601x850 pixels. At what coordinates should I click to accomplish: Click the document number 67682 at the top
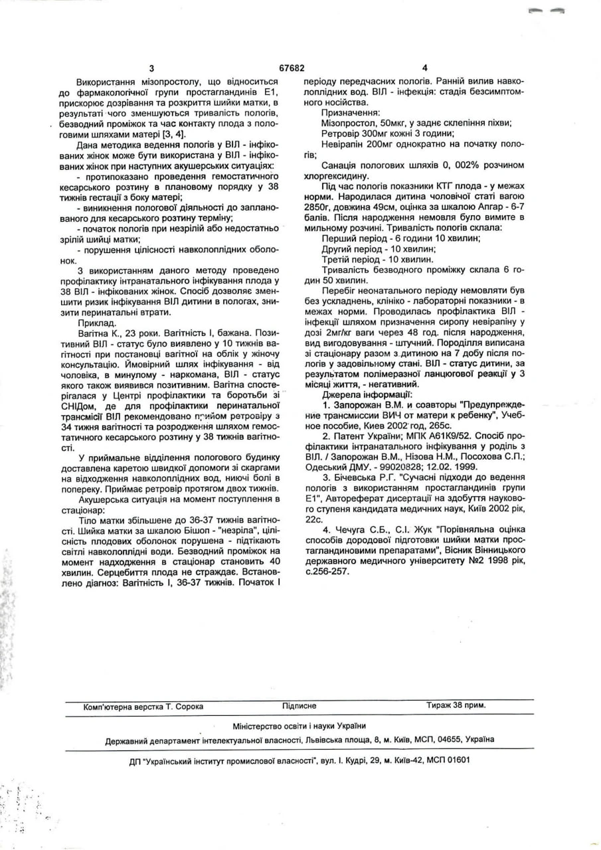[292, 68]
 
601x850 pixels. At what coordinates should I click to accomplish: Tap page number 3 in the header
[151, 68]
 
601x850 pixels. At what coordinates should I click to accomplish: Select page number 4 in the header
[425, 68]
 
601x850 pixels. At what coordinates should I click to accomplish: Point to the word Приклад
[96, 319]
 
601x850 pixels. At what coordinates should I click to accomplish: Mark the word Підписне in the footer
[299, 706]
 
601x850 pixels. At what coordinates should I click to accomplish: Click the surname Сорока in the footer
[189, 706]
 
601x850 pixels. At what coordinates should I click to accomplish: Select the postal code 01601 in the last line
[456, 760]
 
